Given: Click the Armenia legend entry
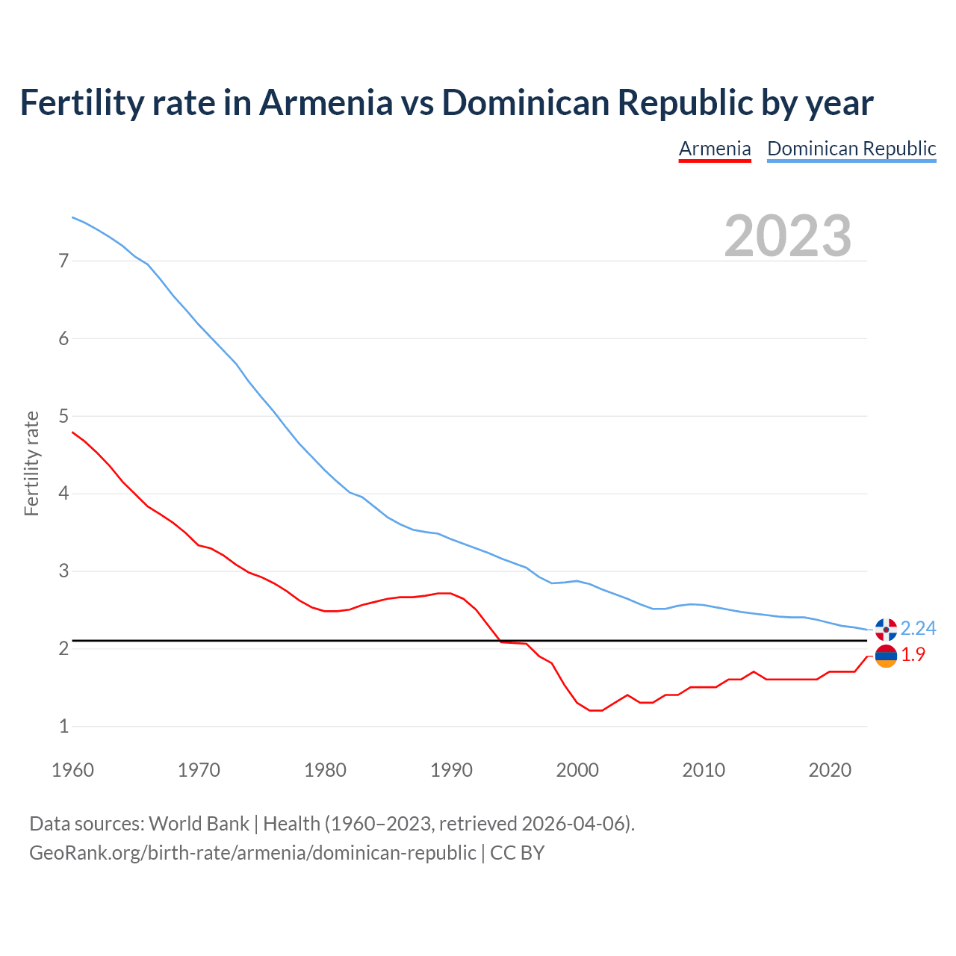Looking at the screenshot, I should click(x=715, y=149).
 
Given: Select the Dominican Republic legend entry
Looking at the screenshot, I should click(x=851, y=149).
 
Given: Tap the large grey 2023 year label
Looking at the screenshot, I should click(x=788, y=236).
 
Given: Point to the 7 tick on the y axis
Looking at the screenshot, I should click(x=63, y=261).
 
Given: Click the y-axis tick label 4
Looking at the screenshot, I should click(x=63, y=494).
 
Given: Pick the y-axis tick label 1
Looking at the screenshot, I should click(x=63, y=726).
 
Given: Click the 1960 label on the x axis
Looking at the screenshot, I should click(x=72, y=770).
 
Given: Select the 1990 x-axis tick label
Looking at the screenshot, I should click(x=451, y=770).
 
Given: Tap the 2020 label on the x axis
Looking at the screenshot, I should click(x=830, y=770).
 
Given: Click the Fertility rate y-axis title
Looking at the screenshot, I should click(x=31, y=463).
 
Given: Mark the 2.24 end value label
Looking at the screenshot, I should click(x=918, y=628).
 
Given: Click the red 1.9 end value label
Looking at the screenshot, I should click(x=913, y=655).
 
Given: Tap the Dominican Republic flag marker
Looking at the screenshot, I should click(x=886, y=630).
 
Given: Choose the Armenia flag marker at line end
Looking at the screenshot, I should click(x=886, y=657).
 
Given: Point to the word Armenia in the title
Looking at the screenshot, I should click(x=325, y=103).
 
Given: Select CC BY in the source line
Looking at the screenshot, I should click(x=517, y=853).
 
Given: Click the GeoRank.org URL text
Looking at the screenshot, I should click(x=252, y=853).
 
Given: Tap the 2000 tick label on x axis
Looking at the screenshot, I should click(x=577, y=770).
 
